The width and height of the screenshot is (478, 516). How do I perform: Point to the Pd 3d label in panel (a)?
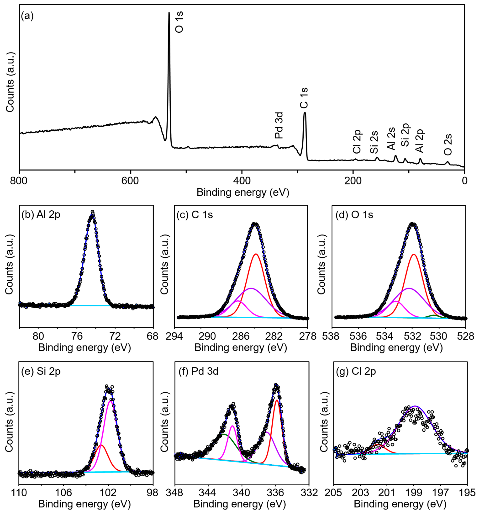pyautogui.click(x=279, y=125)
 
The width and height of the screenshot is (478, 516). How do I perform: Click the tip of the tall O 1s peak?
pyautogui.click(x=169, y=12)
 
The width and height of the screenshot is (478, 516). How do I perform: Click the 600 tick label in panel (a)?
pyautogui.click(x=130, y=181)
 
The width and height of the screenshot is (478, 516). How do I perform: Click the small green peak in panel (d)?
pyautogui.click(x=434, y=315)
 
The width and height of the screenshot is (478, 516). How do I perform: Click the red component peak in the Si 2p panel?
pyautogui.click(x=101, y=445)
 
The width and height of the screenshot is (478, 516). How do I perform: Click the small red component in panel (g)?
pyautogui.click(x=377, y=445)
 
